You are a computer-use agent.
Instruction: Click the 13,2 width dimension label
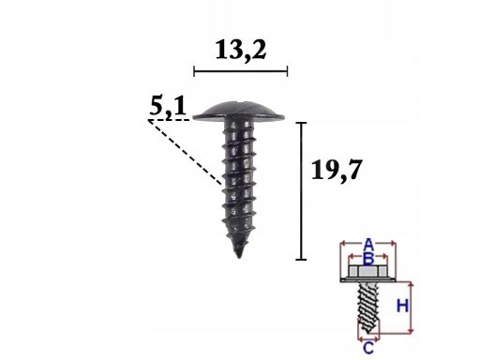pos(241,51)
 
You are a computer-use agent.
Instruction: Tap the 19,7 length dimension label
pos(337,170)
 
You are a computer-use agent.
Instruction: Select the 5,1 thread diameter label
pos(168,107)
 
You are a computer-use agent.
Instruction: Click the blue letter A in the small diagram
pos(369,244)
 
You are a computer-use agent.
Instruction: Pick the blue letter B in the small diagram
pos(369,259)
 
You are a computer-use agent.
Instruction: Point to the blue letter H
pos(402,306)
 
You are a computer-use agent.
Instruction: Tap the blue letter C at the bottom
pos(368,348)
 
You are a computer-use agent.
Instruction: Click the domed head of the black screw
pos(238,112)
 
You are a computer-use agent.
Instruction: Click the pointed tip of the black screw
pos(239,257)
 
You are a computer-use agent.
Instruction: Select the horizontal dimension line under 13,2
pos(241,71)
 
